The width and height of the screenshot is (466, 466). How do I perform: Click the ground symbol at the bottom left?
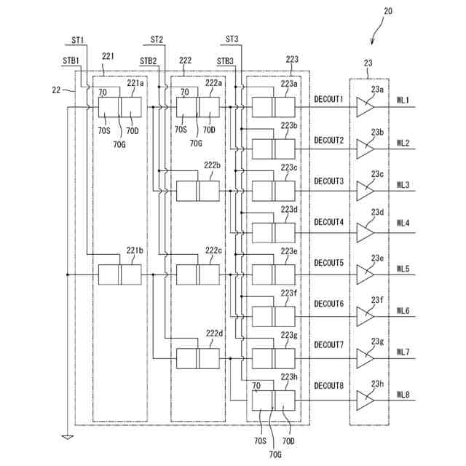(68, 437)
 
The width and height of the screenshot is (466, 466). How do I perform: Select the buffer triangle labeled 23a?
(365, 107)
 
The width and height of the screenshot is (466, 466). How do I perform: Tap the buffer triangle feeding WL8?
(365, 400)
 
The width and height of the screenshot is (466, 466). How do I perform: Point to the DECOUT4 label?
(328, 222)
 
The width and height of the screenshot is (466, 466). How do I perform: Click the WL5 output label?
(403, 269)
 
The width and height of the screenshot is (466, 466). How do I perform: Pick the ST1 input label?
(78, 40)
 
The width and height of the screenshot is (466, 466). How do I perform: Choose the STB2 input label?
(149, 61)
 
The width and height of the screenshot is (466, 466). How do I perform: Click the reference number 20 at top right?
(388, 12)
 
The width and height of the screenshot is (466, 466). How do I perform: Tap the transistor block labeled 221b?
(119, 275)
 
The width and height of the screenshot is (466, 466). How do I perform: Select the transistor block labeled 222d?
(198, 359)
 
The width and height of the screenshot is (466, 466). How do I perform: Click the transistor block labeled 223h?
(274, 400)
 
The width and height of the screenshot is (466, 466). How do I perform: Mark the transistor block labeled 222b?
(198, 191)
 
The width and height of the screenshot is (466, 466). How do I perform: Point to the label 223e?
(289, 251)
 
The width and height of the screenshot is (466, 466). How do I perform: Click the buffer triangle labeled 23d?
(365, 233)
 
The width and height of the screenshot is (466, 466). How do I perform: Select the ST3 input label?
(232, 39)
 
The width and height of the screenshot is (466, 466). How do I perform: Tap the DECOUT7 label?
(328, 344)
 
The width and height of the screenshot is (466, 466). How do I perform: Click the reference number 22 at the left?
(56, 90)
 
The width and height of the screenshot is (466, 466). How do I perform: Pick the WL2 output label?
(403, 143)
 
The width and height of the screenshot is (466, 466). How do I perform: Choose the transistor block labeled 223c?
(274, 191)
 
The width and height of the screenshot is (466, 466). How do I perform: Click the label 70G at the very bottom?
(275, 454)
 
